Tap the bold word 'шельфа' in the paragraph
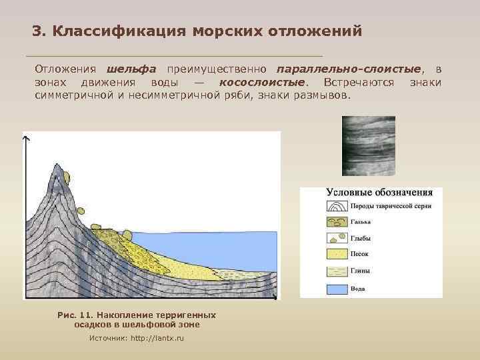(131, 69)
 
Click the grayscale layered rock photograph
(368, 145)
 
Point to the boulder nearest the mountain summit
(67, 176)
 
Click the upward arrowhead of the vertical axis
(26, 138)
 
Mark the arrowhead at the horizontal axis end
(279, 297)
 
